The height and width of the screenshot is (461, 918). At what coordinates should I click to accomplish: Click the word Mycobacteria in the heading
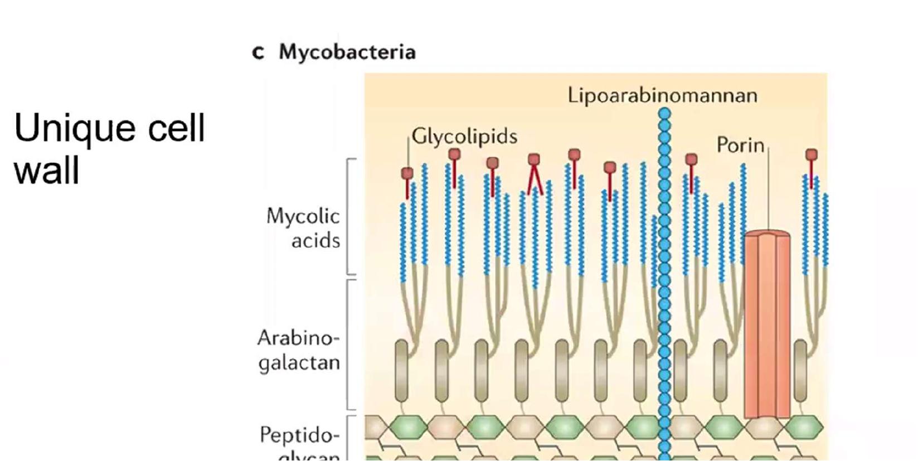tap(347, 52)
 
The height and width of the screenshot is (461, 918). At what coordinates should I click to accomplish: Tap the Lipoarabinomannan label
tap(662, 95)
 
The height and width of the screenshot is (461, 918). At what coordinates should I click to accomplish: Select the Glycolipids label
tap(464, 137)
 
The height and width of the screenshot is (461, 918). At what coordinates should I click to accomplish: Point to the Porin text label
tap(740, 145)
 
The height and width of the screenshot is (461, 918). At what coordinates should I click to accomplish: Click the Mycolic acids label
tap(303, 228)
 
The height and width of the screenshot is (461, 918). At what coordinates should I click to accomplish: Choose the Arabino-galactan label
tap(299, 350)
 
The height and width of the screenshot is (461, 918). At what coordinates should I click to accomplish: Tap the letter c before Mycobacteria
tap(258, 52)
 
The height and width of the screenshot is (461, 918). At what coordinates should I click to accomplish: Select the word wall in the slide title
tap(46, 171)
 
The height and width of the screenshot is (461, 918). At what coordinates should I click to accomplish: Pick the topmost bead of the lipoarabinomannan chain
tap(664, 114)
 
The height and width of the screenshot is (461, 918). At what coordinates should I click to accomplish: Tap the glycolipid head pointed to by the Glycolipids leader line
tap(407, 174)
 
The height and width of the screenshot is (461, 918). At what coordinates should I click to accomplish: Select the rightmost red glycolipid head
tap(812, 155)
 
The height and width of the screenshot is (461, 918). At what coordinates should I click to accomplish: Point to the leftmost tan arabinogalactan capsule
tap(401, 371)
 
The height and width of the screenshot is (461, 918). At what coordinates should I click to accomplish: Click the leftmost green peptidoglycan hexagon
tap(407, 428)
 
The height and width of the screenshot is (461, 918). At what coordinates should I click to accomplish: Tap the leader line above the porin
tap(768, 190)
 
